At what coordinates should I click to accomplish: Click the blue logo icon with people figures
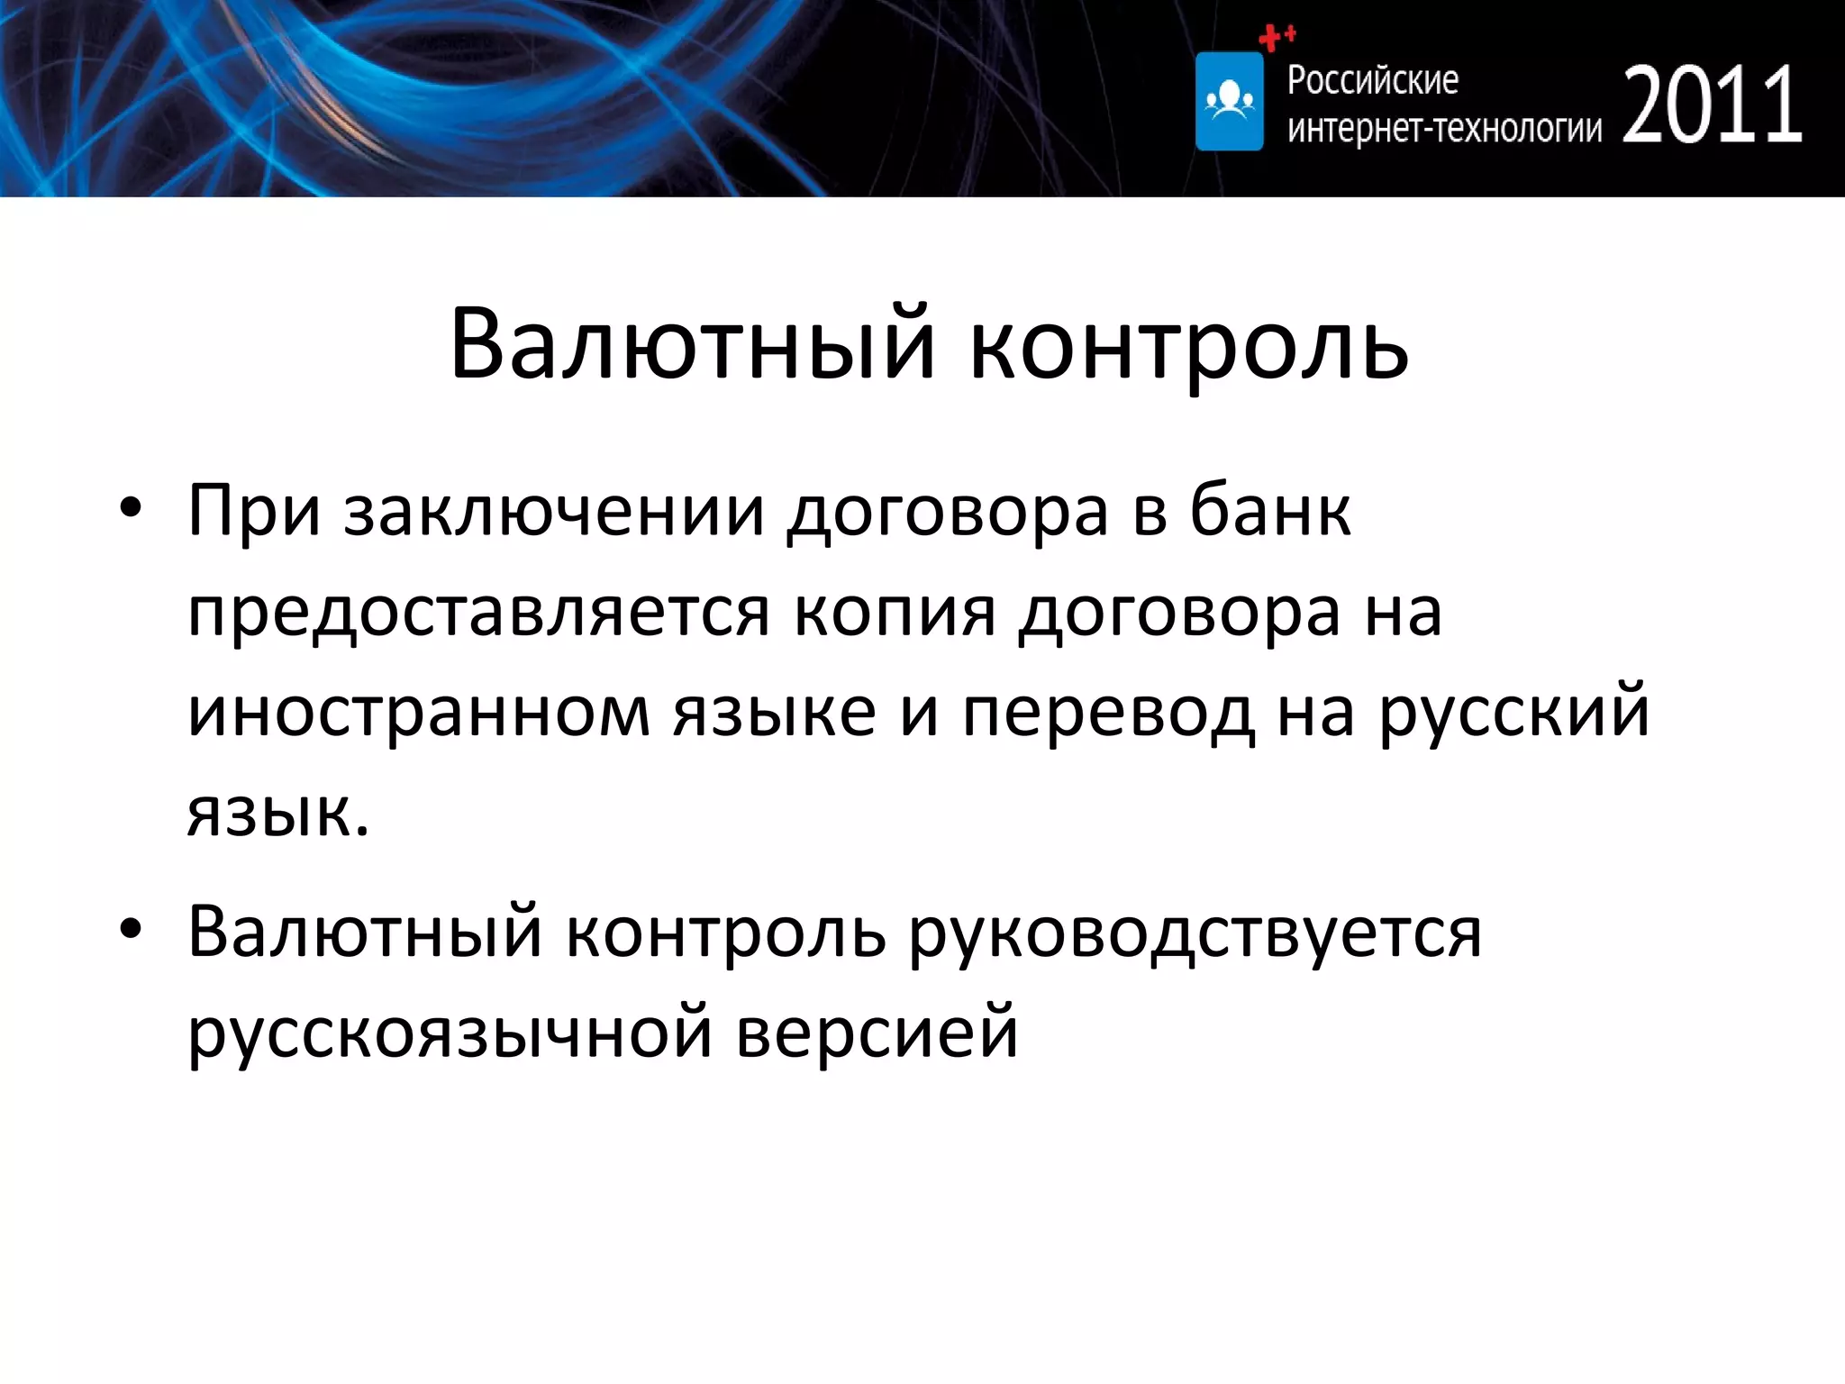[1229, 101]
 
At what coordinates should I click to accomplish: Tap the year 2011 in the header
[1713, 105]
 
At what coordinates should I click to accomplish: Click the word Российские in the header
[1372, 80]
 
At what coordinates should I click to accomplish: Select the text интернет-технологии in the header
[1444, 129]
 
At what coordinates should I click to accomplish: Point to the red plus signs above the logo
[1276, 37]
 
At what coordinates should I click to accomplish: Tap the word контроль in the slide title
[1188, 346]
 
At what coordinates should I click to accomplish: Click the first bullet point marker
[131, 508]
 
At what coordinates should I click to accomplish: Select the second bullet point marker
[131, 930]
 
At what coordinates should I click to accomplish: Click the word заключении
[553, 512]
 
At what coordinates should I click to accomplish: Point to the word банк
[1270, 510]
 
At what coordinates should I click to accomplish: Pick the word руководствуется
[1195, 933]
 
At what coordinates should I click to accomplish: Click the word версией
[877, 1033]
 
